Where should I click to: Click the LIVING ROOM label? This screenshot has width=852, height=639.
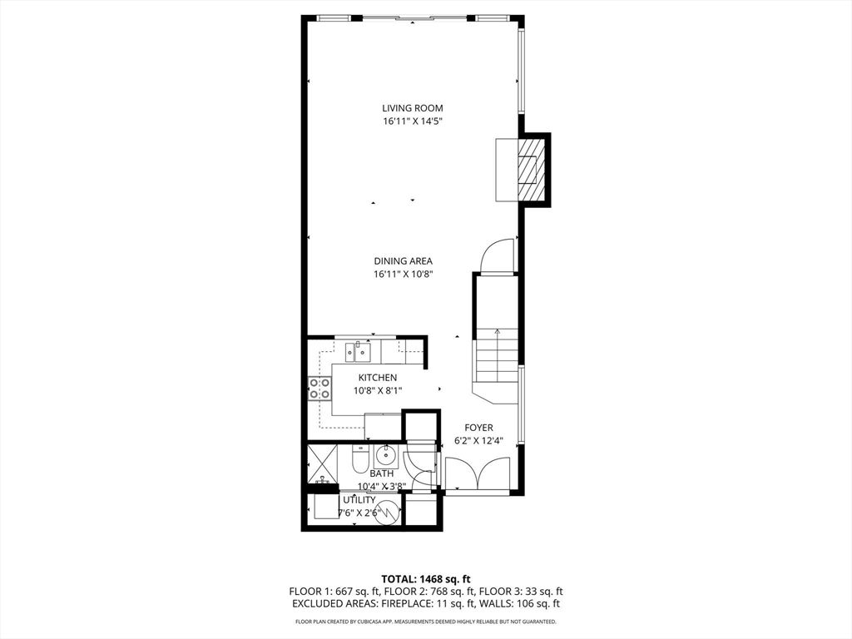point(413,108)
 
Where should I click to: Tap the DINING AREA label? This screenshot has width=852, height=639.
point(403,261)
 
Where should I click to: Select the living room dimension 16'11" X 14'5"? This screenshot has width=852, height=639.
point(413,121)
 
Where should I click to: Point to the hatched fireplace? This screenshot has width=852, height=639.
point(528,170)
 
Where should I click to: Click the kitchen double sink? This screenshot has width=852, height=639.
point(357,352)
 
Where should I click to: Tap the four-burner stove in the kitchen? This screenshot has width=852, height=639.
point(319,388)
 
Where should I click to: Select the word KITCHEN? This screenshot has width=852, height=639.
point(377,378)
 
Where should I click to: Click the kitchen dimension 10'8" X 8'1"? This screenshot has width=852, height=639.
point(377,390)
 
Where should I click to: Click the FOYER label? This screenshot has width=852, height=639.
point(478,428)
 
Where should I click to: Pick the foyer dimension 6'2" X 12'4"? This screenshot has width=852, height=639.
point(478,441)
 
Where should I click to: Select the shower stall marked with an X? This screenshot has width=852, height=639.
point(322,464)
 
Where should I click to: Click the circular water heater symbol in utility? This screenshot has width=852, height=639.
point(388,512)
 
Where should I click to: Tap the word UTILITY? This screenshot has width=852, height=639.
point(359,500)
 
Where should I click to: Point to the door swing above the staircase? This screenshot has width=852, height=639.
point(497,255)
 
